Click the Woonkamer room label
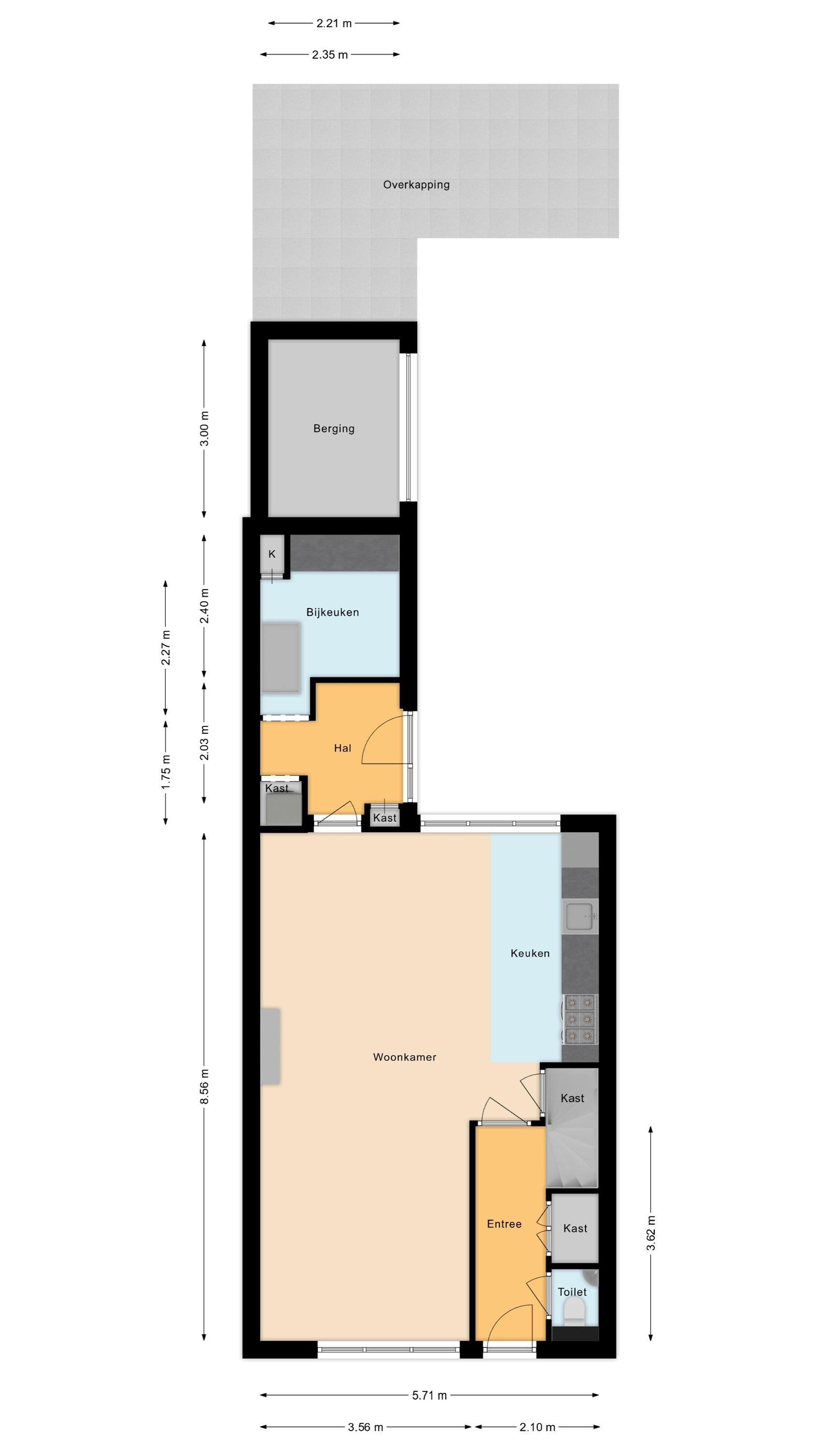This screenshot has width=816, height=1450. click(x=404, y=1057)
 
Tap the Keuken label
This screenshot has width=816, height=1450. click(x=530, y=953)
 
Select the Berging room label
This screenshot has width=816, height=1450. click(x=334, y=429)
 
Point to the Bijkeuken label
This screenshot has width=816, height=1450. click(x=332, y=612)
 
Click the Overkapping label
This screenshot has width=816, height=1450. click(x=416, y=185)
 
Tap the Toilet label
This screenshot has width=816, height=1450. click(x=572, y=1292)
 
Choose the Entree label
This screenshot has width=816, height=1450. click(x=504, y=1224)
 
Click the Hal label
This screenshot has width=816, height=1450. click(x=342, y=748)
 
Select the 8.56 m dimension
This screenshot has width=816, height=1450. click(x=204, y=1086)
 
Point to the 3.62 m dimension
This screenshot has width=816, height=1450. click(x=651, y=1232)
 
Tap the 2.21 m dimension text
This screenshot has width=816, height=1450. click(x=334, y=23)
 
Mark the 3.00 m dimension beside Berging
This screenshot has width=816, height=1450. click(x=204, y=428)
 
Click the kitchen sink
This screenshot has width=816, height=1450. click(x=580, y=916)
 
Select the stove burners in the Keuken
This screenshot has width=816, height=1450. click(x=580, y=1019)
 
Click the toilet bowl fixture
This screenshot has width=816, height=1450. click(x=574, y=1312)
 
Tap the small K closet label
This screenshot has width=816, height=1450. click(x=272, y=554)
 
